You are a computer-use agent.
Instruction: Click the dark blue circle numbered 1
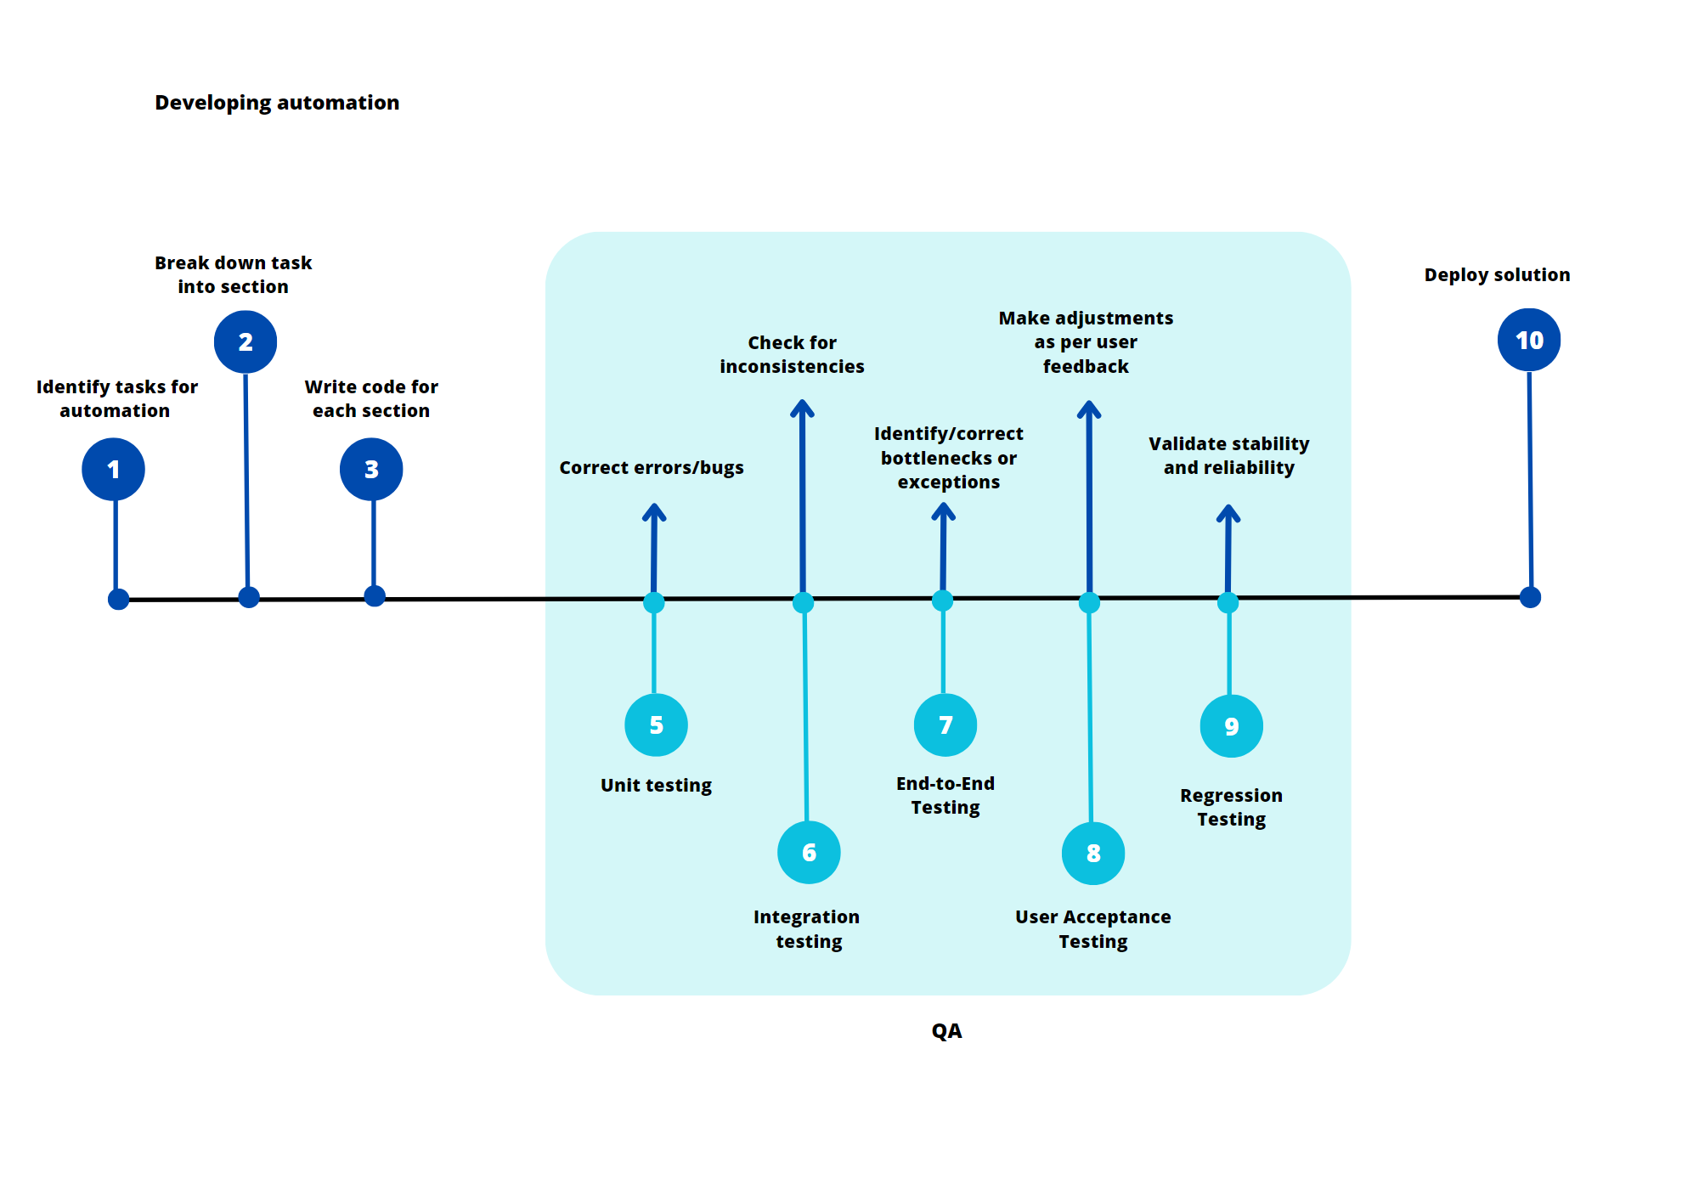point(113,469)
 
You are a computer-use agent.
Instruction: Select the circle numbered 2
point(246,341)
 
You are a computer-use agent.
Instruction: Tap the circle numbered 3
point(371,469)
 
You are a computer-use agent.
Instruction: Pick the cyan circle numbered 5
point(656,725)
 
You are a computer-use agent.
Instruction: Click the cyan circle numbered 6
point(809,852)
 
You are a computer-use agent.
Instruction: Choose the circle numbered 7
point(945,725)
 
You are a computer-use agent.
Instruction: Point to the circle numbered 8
point(1093,853)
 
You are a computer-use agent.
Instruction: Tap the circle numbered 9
point(1231,726)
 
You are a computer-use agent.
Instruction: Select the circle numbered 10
point(1529,340)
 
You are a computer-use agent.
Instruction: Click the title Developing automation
point(277,103)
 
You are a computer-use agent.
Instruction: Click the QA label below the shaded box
point(946,1030)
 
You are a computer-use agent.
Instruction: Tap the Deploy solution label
point(1497,274)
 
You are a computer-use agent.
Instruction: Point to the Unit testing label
point(656,785)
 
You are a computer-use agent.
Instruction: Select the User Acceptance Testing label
point(1092,928)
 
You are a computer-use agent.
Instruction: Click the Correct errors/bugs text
point(651,467)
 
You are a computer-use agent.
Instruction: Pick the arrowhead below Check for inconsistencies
point(802,409)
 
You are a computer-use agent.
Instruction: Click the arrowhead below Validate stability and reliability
point(1228,513)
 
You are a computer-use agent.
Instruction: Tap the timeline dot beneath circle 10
point(1530,597)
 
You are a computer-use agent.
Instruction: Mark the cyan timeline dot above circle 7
point(942,601)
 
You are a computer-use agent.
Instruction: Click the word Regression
point(1231,795)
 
